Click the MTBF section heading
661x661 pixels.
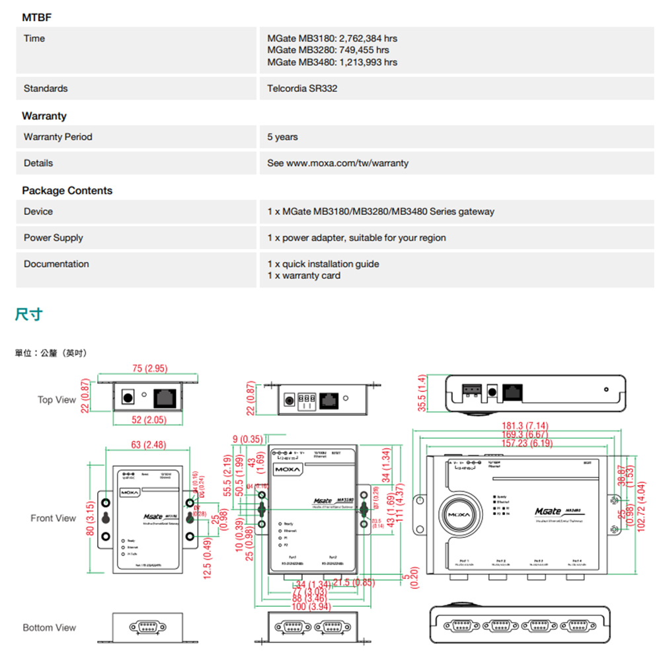(37, 17)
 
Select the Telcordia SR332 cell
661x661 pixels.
(303, 89)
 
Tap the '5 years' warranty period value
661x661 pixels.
(282, 137)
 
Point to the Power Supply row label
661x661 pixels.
(54, 238)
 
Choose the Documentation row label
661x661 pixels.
(56, 264)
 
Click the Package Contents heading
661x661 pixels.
(67, 191)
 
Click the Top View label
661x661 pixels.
(57, 400)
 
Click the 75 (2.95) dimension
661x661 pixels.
(149, 368)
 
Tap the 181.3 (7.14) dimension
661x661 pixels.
(525, 426)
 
